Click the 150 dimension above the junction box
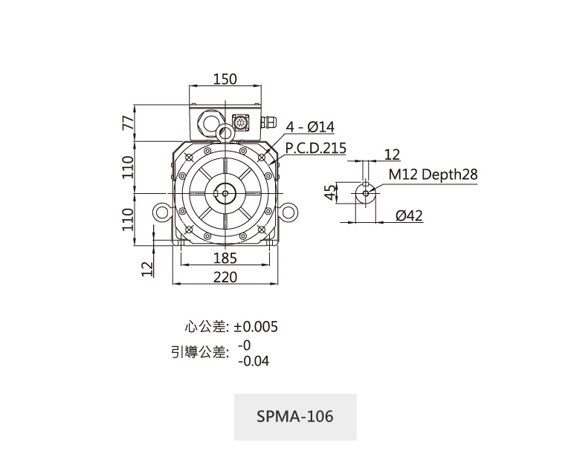point(225,80)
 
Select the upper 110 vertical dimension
point(127,166)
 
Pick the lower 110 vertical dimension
point(127,218)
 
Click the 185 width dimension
point(225,258)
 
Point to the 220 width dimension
point(225,276)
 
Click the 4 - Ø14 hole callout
point(311,128)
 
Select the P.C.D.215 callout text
point(316,148)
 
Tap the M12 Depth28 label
point(433,175)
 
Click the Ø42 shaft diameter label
point(409,215)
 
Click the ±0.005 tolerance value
point(256,327)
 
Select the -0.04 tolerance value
point(254,361)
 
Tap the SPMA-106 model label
point(295,416)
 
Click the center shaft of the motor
point(225,192)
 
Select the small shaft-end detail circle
point(365,192)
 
